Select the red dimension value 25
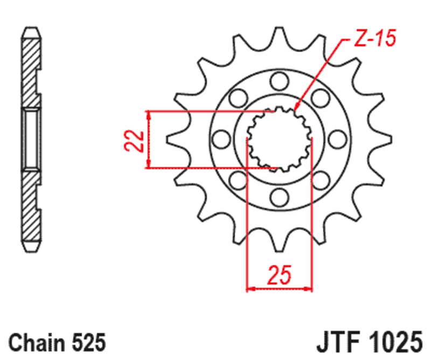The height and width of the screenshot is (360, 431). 279,275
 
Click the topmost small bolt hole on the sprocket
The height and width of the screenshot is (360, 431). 279,81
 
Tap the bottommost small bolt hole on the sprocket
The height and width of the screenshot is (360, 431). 279,197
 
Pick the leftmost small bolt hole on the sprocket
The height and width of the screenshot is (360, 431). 220,139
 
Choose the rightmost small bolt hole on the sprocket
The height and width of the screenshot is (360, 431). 337,139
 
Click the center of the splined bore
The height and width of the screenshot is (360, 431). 279,139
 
